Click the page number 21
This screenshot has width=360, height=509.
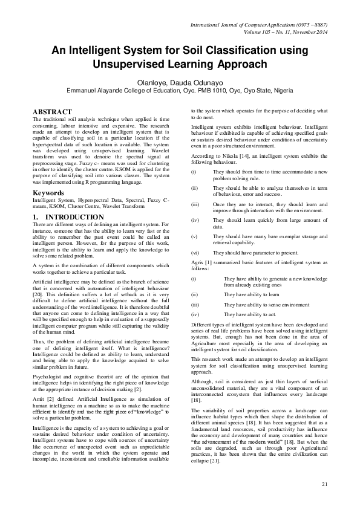coord(324,484)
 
